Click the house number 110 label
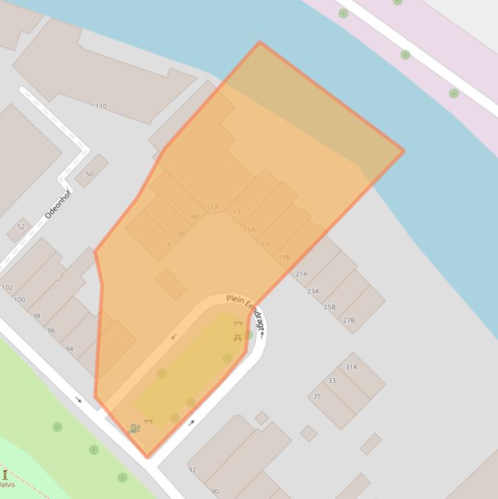pyautogui.click(x=101, y=106)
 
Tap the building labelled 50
pyautogui.click(x=90, y=174)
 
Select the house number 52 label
pyautogui.click(x=21, y=227)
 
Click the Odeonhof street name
pyautogui.click(x=57, y=203)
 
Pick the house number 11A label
pyautogui.click(x=212, y=208)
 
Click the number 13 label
pyautogui.click(x=236, y=212)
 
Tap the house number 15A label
pyautogui.click(x=249, y=230)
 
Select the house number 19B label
pyautogui.click(x=284, y=258)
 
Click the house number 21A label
pyautogui.click(x=302, y=275)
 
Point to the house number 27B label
pyautogui.click(x=348, y=321)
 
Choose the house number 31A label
pyautogui.click(x=351, y=367)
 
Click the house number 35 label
pyautogui.click(x=317, y=396)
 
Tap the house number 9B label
pyautogui.click(x=194, y=217)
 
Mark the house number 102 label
pyautogui.click(x=7, y=288)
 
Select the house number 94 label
pyautogui.click(x=69, y=349)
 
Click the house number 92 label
pyautogui.click(x=192, y=470)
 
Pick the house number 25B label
pyautogui.click(x=330, y=307)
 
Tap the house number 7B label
pyautogui.click(x=181, y=234)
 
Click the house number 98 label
pyautogui.click(x=36, y=317)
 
